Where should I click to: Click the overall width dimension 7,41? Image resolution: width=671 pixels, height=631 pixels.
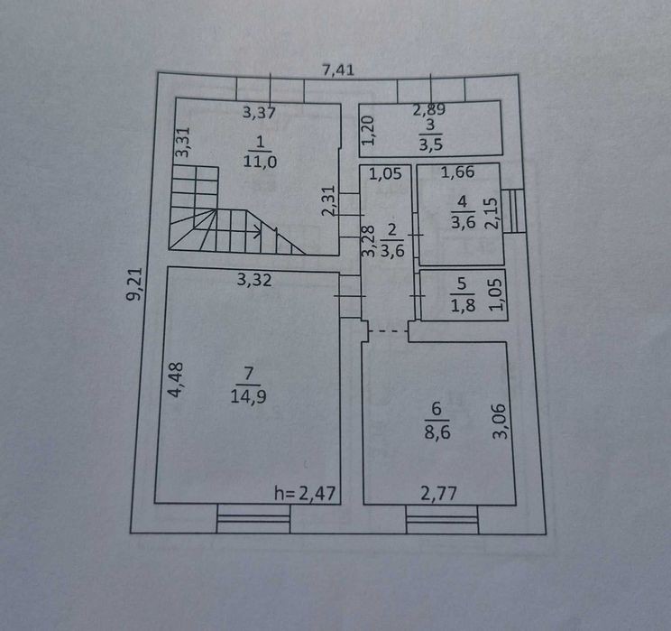338,70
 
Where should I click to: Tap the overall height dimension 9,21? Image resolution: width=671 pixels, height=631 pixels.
134,284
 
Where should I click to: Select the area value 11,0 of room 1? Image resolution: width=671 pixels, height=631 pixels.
260,162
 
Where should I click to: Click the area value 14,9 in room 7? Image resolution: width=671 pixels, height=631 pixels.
248,395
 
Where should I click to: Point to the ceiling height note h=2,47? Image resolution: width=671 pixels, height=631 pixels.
305,494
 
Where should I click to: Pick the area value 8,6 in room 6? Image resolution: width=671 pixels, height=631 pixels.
437,431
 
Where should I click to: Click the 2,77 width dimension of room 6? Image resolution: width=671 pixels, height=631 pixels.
438,494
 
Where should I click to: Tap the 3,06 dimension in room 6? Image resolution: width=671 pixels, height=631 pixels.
500,422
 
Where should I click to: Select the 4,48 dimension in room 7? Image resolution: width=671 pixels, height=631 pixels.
176,380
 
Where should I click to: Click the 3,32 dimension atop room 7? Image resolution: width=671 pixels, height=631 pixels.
254,280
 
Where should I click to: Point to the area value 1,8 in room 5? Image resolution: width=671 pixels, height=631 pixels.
463,305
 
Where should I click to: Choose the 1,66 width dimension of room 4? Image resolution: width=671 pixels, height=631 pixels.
457,172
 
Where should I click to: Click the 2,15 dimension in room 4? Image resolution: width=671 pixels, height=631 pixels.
492,213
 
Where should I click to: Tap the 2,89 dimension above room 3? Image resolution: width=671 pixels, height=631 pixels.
428,109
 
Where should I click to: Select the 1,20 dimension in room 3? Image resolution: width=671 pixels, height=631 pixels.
368,131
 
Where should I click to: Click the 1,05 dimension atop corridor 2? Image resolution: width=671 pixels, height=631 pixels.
385,173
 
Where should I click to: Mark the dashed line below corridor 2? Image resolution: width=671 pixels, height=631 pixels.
388,331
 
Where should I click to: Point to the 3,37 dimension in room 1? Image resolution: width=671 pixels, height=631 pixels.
259,113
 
